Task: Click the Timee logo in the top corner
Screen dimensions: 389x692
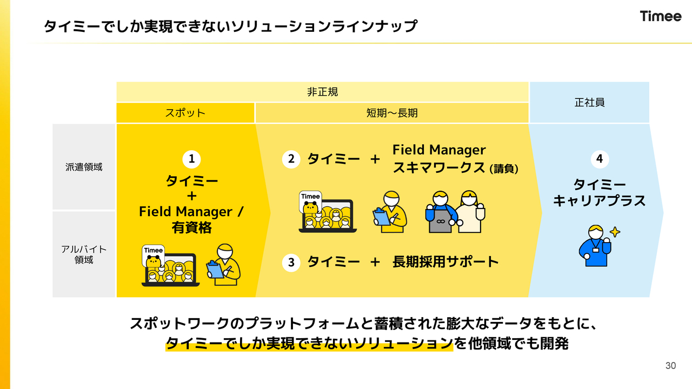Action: click(661, 16)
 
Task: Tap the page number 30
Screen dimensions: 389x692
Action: click(670, 366)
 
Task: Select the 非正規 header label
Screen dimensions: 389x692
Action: click(322, 92)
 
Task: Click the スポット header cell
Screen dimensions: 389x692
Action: click(185, 113)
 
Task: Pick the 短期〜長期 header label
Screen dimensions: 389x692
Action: click(392, 113)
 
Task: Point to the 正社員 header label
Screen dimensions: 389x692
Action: click(589, 102)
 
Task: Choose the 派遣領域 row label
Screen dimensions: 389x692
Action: click(84, 167)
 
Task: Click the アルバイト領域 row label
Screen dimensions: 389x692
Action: click(84, 254)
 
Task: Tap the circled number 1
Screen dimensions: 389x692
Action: click(191, 159)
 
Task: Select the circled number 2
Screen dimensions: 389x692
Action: click(291, 159)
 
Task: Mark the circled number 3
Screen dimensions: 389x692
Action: click(291, 263)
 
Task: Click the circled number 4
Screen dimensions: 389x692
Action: click(599, 159)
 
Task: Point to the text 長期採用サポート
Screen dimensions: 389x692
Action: click(445, 262)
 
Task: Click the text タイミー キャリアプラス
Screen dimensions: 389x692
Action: click(599, 193)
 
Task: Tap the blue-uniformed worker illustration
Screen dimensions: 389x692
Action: click(594, 246)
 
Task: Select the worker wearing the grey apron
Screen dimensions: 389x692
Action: click(440, 212)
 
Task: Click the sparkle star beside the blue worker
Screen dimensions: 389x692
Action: click(615, 232)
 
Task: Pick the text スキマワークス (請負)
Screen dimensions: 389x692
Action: click(455, 168)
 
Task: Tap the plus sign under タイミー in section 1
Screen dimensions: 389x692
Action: click(191, 196)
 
